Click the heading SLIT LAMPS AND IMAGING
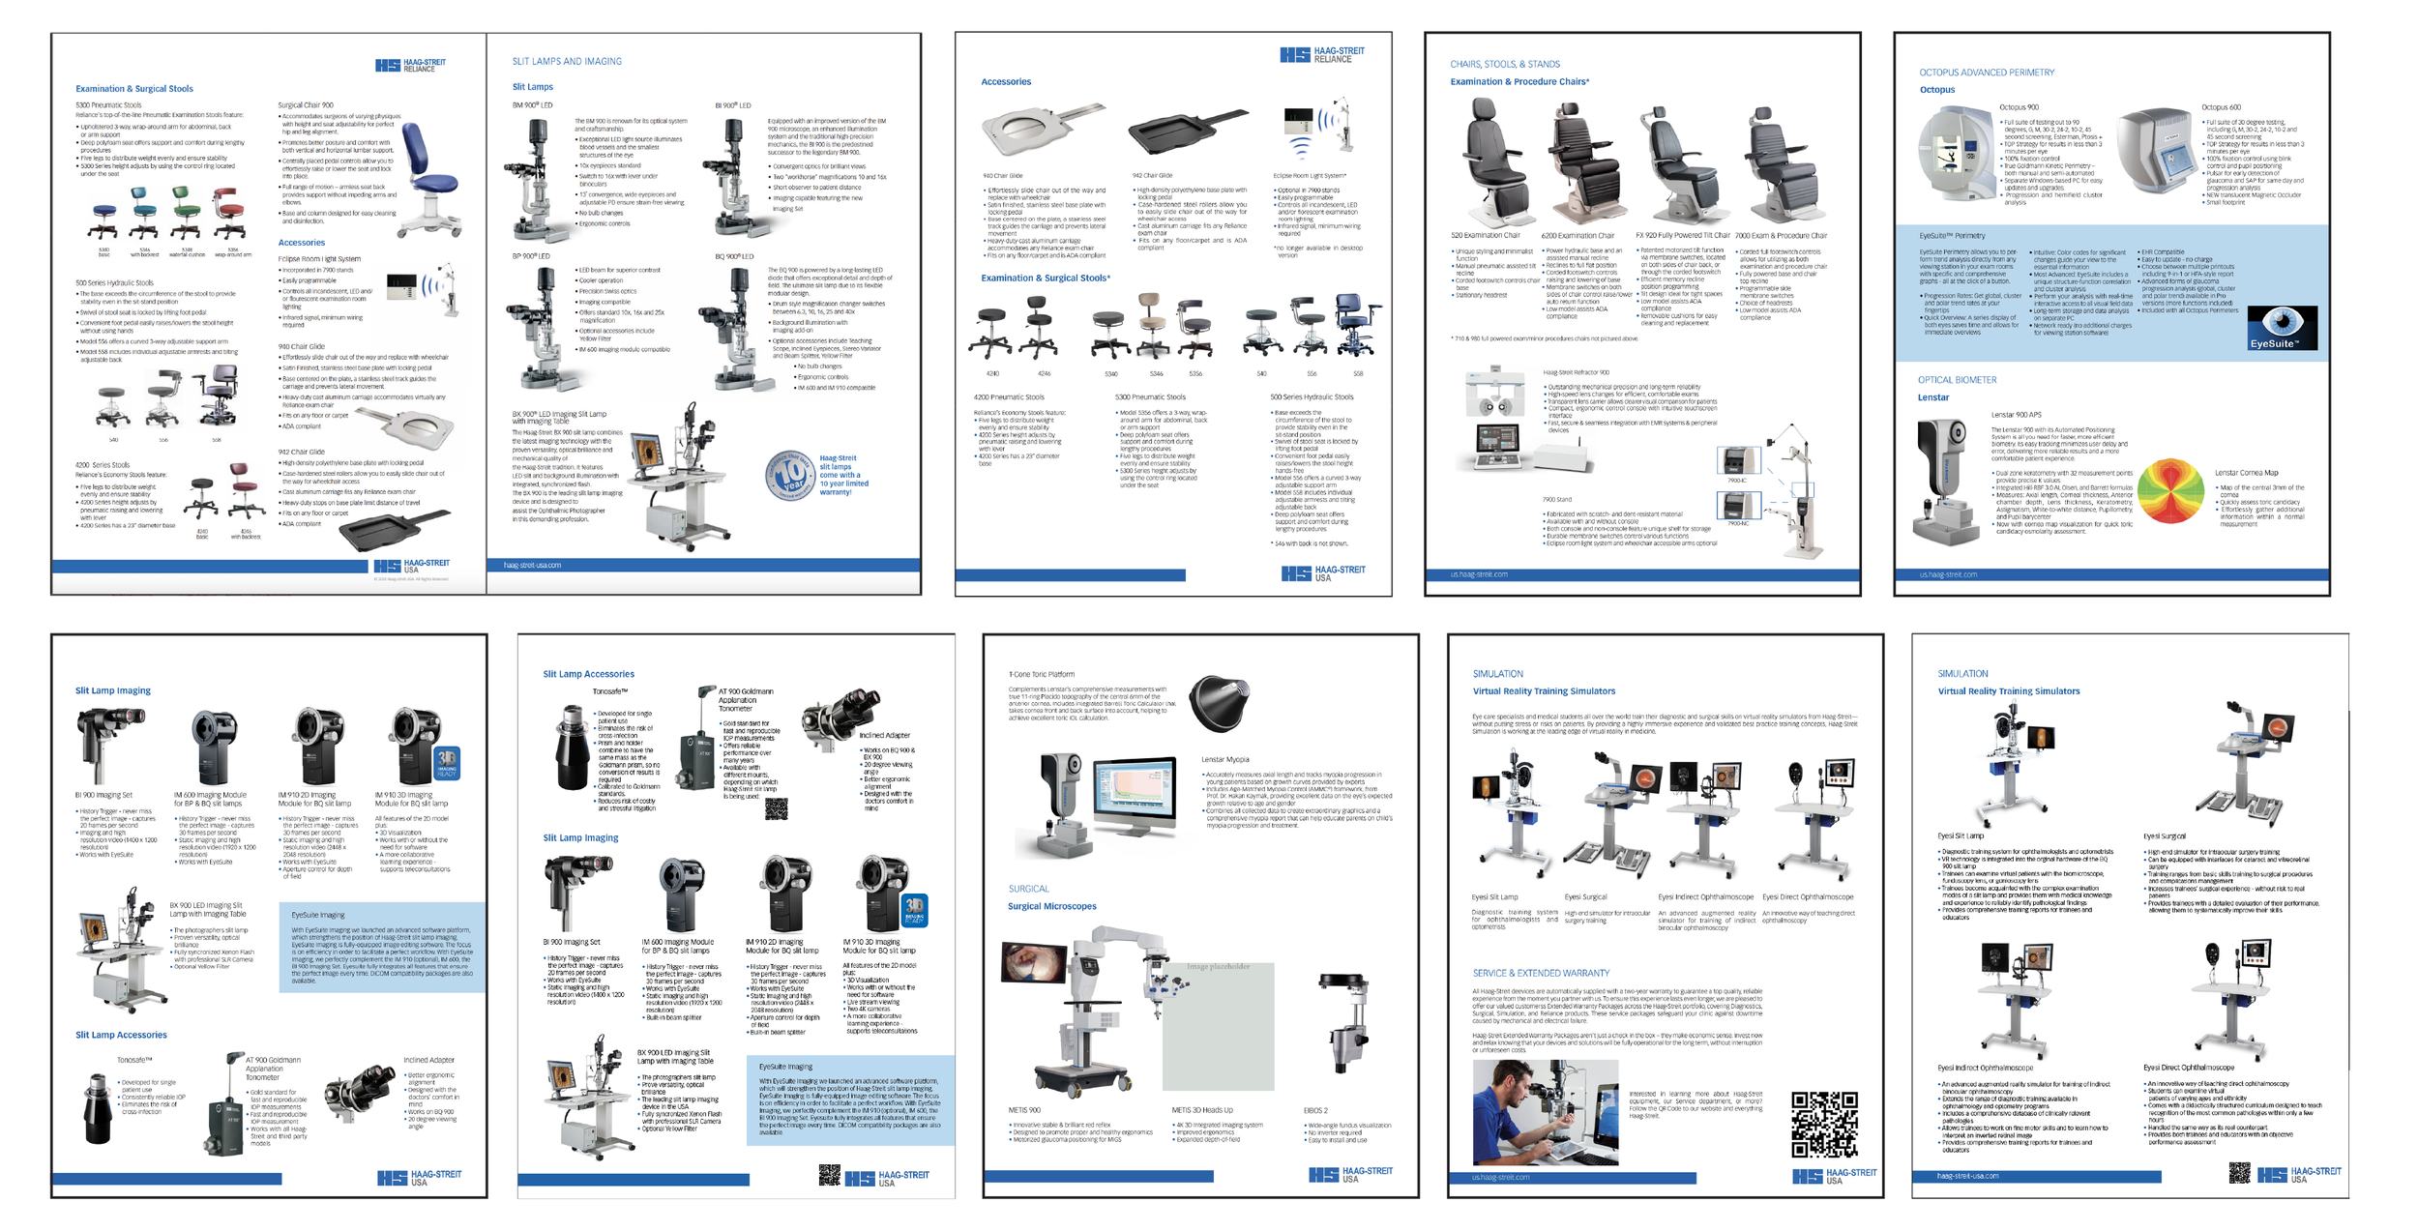567,62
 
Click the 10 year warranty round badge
790,475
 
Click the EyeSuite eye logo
2282,328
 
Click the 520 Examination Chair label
1485,236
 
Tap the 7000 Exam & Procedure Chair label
1781,236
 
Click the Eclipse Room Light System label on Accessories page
1310,176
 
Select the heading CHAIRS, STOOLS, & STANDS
1504,65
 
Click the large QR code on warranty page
1823,1125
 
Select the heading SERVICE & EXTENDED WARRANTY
1541,973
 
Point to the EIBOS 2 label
1315,1110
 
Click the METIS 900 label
1024,1110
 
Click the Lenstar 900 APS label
2016,415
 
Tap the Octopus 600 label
2221,107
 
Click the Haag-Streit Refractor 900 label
1576,372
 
